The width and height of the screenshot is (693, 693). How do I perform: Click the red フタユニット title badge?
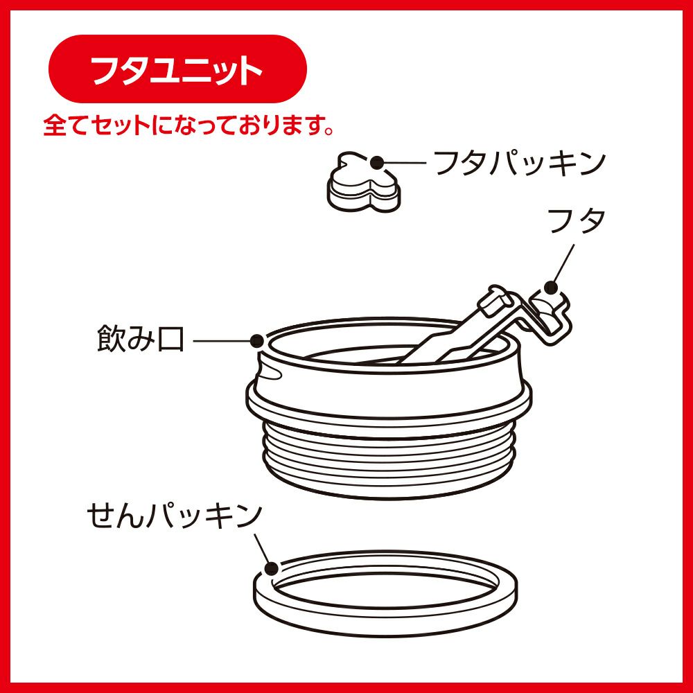click(x=177, y=69)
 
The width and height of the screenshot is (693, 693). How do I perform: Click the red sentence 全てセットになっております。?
click(x=188, y=126)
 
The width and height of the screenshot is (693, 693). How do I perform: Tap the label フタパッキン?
click(x=520, y=163)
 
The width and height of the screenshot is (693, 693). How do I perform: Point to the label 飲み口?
click(x=140, y=339)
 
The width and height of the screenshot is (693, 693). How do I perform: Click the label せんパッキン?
click(x=175, y=516)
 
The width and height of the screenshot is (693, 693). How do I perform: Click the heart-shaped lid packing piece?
click(x=363, y=182)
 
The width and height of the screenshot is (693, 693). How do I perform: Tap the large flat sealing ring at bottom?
click(x=385, y=593)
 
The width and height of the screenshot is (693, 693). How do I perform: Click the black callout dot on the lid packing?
click(x=377, y=163)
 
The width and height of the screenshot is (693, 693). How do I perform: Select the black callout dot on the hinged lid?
click(x=551, y=288)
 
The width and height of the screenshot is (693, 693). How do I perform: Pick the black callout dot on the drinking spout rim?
click(x=257, y=341)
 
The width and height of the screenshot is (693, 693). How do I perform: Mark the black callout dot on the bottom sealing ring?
click(x=272, y=568)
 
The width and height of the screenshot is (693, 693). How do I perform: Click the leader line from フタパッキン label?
click(x=405, y=163)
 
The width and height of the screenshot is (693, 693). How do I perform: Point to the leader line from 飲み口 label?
click(x=222, y=341)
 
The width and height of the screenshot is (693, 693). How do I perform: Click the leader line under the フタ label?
click(x=563, y=264)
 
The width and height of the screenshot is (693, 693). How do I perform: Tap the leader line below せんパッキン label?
click(x=262, y=548)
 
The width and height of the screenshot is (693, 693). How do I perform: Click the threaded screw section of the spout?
click(x=389, y=459)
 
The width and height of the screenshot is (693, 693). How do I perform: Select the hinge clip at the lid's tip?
click(x=550, y=315)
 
